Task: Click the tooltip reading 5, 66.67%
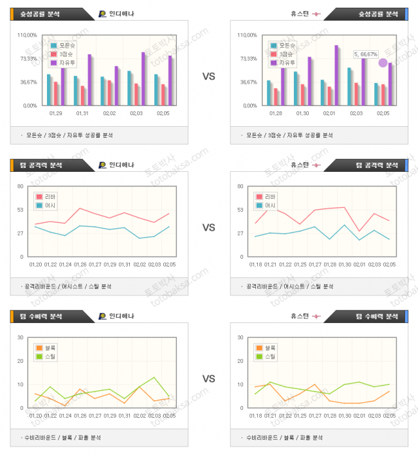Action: coord(365,55)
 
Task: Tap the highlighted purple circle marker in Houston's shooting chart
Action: coord(383,62)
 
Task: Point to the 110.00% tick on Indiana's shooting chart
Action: coord(27,35)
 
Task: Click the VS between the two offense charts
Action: coord(208,227)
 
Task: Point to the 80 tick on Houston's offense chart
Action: coord(240,187)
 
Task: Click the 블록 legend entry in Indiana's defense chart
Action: coord(48,348)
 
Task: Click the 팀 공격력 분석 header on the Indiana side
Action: coord(40,165)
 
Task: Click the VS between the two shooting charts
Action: coord(208,77)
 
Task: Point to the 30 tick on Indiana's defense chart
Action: coord(21,337)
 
